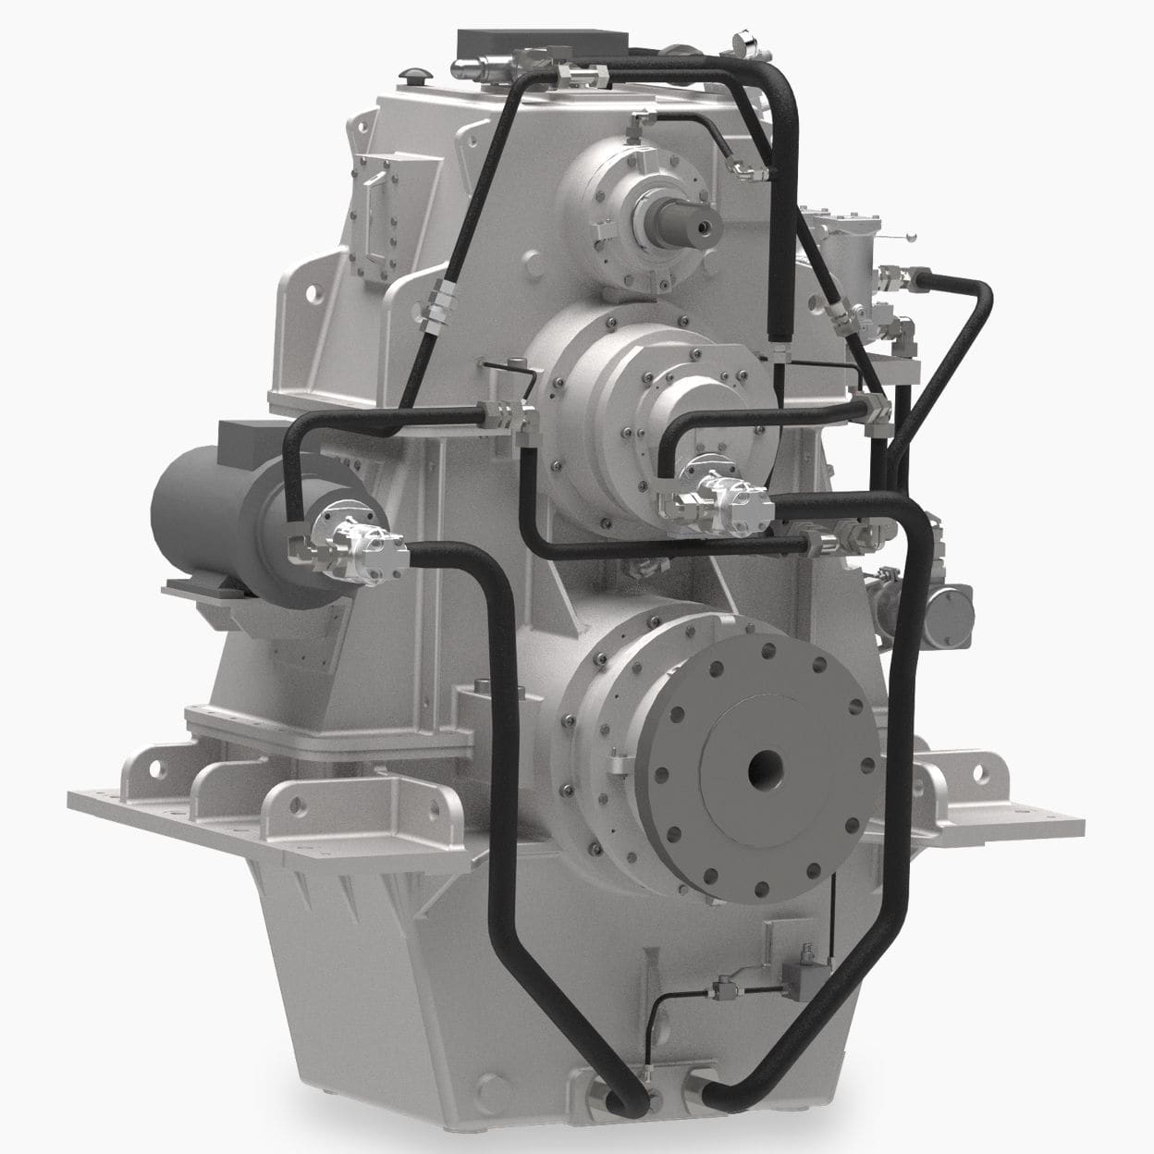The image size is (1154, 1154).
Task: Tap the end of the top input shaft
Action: coord(701,225)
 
